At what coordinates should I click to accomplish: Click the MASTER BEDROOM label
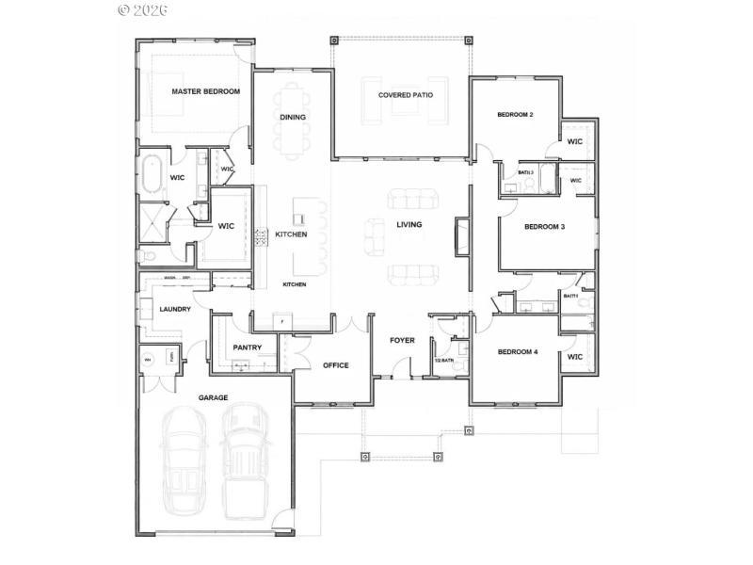(205, 92)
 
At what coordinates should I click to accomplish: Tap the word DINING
(292, 118)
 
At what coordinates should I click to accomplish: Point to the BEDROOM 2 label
(515, 115)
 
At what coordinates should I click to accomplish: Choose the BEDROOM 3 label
(544, 227)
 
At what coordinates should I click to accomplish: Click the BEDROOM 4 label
(517, 352)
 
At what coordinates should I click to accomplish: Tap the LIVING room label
(409, 225)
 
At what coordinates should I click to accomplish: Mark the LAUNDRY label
(175, 309)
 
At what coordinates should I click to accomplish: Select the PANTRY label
(247, 347)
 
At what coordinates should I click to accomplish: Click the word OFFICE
(336, 365)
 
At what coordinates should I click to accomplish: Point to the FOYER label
(403, 340)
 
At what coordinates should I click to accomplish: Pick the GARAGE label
(213, 398)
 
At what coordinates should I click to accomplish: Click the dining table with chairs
(293, 121)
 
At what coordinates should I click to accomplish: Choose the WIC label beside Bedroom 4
(575, 358)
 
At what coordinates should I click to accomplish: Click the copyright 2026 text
(142, 10)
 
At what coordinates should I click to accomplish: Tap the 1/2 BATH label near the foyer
(445, 361)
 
